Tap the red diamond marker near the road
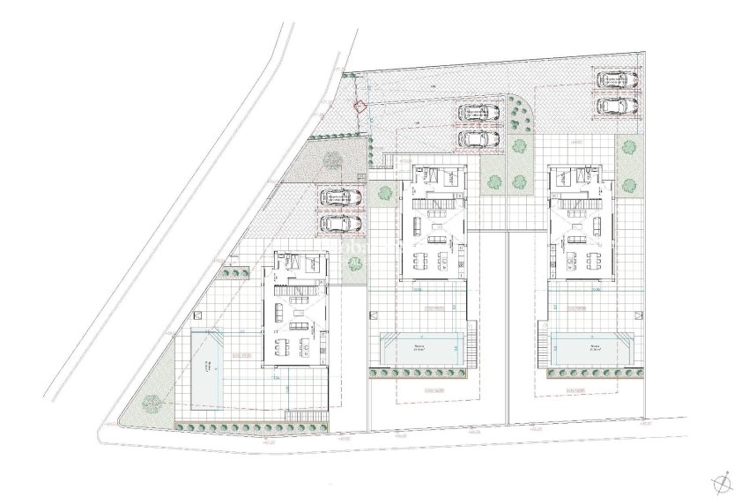pos(358,107)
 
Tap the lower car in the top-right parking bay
pos(615,106)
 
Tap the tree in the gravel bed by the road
pos(333,159)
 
